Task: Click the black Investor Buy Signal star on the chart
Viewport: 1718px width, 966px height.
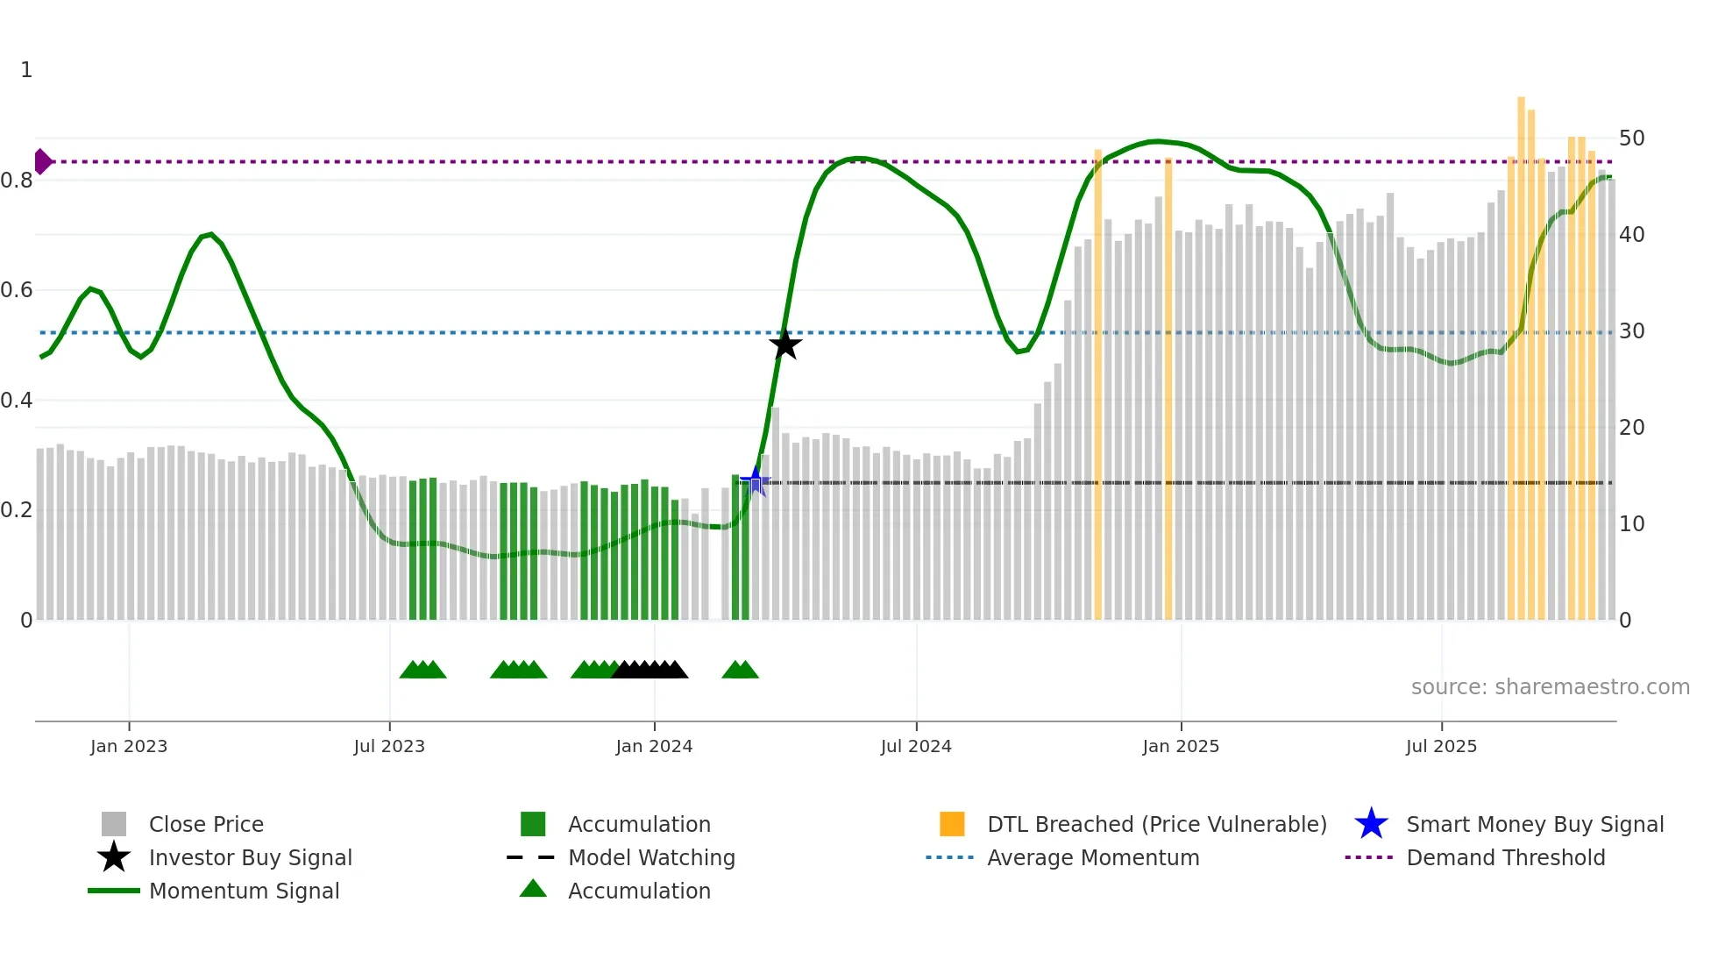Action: pos(785,344)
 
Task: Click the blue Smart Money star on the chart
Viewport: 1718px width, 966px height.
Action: pos(755,480)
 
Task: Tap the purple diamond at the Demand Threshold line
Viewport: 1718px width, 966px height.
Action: pos(42,161)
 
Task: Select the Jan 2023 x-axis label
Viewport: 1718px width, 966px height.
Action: pos(129,746)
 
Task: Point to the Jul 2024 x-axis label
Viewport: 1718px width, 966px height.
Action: pos(916,746)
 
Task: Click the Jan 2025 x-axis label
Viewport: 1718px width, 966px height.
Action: pos(1181,746)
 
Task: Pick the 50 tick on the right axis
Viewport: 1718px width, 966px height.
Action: pos(1631,139)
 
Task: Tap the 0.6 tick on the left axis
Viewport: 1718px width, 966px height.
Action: pos(17,290)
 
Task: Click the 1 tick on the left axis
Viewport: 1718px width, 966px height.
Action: pos(26,70)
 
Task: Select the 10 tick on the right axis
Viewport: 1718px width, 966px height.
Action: pos(1631,524)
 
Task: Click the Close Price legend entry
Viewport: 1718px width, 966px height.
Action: pos(206,824)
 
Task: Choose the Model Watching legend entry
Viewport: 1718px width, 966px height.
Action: pos(651,857)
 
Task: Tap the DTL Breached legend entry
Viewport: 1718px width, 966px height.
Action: pos(1156,824)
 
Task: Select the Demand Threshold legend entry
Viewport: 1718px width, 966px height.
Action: pos(1505,857)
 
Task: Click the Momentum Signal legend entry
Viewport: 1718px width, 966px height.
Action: pos(244,891)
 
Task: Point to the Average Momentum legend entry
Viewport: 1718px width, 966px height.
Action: pos(1093,857)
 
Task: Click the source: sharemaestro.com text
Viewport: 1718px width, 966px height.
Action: pos(1550,687)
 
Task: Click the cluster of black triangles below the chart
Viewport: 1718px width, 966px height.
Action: pos(650,670)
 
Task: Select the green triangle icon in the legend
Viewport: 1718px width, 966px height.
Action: pos(533,889)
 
